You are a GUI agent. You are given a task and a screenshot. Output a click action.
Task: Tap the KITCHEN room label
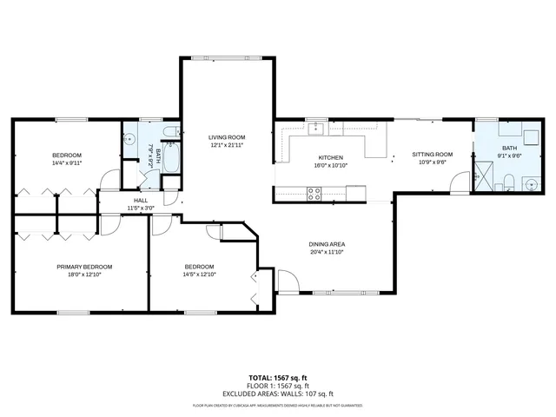(331, 157)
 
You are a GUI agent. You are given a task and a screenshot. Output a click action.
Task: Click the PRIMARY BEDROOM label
(79, 267)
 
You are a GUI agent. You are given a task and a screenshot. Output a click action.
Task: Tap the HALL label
(140, 201)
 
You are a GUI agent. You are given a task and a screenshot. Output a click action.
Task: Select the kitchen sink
(317, 130)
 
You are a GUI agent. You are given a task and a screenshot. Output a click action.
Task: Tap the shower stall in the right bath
(483, 179)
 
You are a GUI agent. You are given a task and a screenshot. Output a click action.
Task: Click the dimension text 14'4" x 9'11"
(66, 162)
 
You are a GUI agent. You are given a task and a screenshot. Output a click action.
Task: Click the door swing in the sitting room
(457, 184)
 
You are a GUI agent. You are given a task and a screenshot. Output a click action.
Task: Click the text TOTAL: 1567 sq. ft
(277, 378)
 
